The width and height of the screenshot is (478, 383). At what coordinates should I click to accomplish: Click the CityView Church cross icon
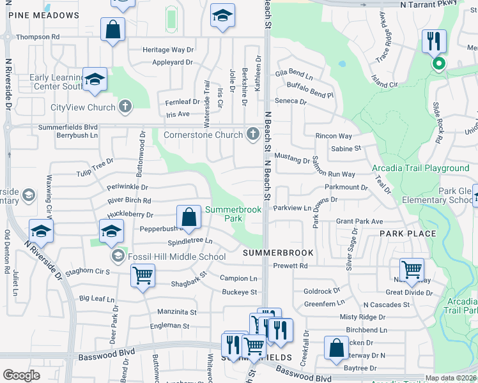125,107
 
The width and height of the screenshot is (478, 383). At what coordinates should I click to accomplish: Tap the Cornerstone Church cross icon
253,135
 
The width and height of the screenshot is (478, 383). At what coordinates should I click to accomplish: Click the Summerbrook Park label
224,214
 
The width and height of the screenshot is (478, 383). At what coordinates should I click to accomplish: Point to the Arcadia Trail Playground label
420,168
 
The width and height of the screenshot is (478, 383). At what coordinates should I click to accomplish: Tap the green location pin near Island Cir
438,63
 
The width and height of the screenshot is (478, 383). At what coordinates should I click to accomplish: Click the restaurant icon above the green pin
435,41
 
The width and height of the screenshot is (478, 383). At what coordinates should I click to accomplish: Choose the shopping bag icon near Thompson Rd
113,29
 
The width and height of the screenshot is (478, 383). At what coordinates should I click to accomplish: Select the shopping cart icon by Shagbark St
143,276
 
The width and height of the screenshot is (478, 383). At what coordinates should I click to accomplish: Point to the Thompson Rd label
38,37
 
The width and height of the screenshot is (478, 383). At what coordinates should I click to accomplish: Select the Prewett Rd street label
290,266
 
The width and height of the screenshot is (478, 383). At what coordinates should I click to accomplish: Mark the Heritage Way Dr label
168,49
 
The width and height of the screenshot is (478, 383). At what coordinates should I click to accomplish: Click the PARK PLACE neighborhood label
408,234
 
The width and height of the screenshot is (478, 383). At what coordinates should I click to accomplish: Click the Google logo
22,375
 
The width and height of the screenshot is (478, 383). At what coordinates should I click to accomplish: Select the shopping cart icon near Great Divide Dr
412,270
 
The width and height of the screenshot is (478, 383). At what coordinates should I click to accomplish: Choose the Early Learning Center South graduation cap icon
95,79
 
